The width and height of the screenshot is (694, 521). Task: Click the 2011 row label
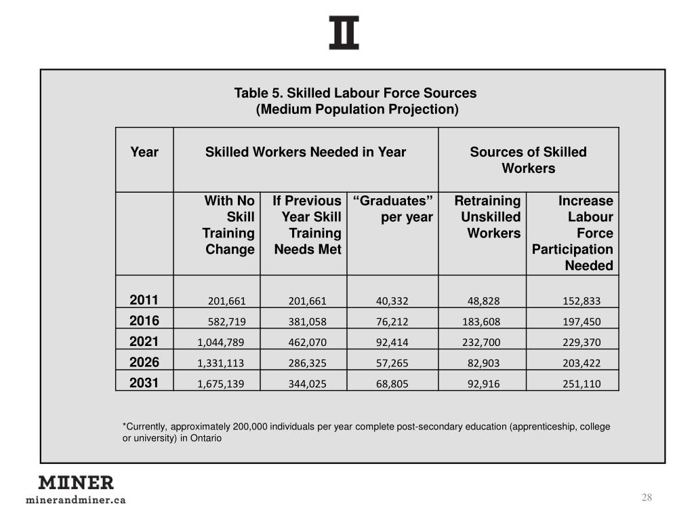144,301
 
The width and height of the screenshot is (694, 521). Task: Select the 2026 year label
144,362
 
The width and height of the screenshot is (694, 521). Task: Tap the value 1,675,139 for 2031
220,384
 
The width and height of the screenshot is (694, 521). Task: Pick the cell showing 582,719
226,322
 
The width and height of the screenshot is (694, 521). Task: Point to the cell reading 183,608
481,322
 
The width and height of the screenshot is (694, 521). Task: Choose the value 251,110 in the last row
581,384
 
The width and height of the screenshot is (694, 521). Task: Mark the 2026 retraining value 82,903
484,363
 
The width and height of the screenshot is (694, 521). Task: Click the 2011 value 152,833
581,301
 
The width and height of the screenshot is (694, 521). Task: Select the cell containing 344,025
308,384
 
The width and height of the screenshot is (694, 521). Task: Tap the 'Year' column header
144,152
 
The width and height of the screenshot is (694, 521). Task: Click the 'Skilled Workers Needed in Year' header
306,152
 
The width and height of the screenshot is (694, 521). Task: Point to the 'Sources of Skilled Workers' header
528,160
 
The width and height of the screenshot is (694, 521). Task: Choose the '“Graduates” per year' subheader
393,209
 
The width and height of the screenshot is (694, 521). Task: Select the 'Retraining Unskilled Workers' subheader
487,217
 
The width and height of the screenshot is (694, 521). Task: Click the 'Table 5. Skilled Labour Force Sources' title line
355,93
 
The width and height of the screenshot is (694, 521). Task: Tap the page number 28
647,498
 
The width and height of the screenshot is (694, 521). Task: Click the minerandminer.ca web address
76,500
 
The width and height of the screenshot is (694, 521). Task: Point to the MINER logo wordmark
76,483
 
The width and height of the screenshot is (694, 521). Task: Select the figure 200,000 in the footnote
250,427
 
